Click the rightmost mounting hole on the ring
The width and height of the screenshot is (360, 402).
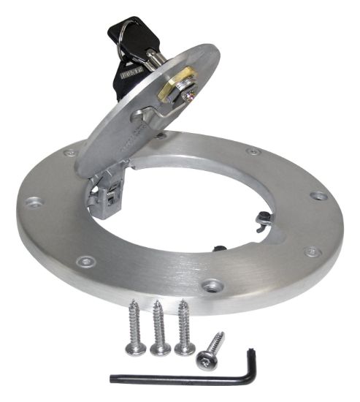pyautogui.click(x=318, y=196)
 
